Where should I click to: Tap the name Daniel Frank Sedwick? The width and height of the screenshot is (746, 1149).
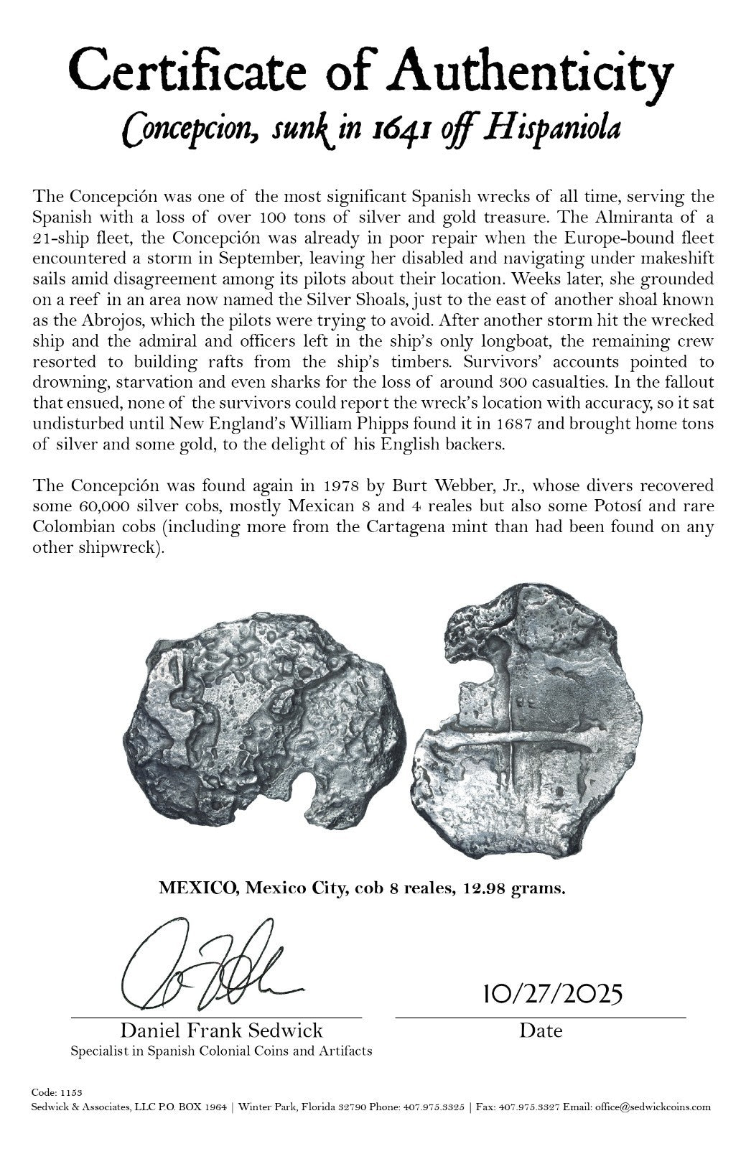point(221,1031)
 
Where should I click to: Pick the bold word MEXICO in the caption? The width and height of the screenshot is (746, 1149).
point(199,889)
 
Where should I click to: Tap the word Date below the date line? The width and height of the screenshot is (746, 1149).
point(541,1031)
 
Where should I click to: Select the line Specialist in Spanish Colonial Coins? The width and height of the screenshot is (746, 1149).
point(221,1051)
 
